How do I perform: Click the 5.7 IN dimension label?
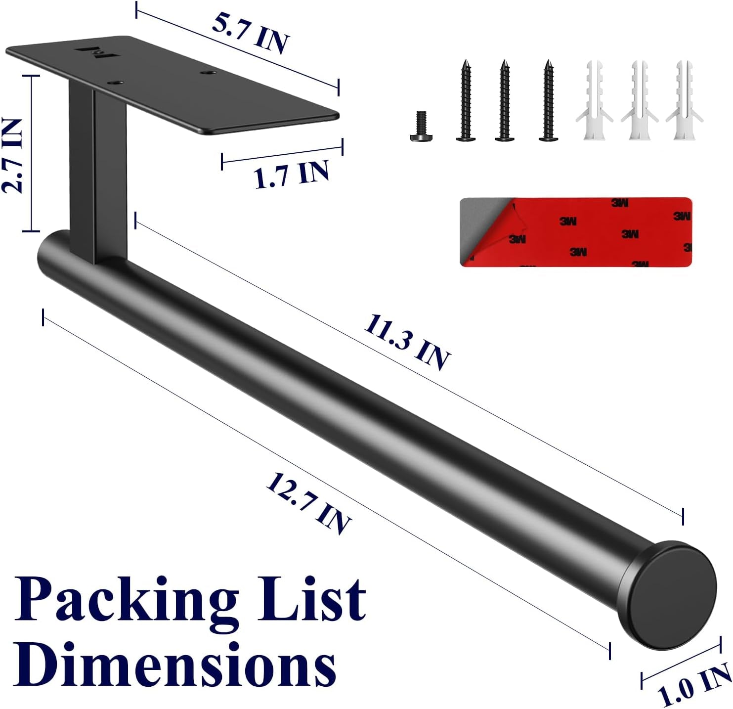[251, 35]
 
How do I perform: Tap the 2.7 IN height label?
[12, 156]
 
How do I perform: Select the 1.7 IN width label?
[291, 174]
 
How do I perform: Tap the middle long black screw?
[504, 100]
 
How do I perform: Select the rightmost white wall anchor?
[684, 100]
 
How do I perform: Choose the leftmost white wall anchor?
[594, 100]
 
